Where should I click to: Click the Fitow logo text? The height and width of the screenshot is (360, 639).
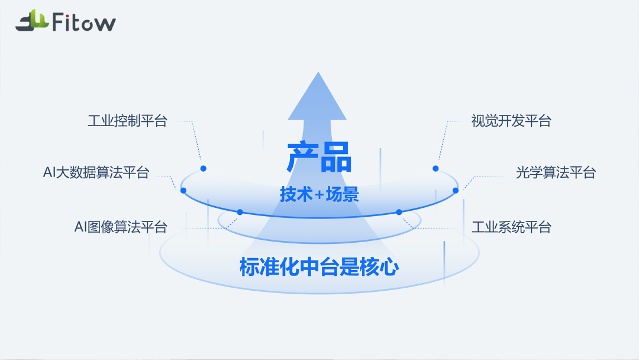pos(84,22)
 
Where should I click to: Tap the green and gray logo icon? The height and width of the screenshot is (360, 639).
pos(32,21)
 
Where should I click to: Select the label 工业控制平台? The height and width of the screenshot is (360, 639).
pos(128,121)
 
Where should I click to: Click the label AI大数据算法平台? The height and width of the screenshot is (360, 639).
pos(96,172)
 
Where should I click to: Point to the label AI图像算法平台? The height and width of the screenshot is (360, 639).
pos(121,227)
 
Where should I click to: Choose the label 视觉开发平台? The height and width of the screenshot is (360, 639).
pos(511,121)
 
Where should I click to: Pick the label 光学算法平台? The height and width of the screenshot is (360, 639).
pos(556,172)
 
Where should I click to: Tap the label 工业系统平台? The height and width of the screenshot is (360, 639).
pos(511,227)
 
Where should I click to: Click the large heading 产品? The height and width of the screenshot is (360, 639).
pos(319,157)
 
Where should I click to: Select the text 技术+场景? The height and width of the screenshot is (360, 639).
pos(319,194)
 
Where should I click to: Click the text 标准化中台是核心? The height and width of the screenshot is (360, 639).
pos(319,267)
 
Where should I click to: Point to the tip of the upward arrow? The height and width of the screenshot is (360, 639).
pos(318,72)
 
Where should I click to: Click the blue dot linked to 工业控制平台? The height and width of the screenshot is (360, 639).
pos(204,168)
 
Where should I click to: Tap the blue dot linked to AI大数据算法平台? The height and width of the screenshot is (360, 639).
pos(183,191)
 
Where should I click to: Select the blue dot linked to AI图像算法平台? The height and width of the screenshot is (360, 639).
pos(240,212)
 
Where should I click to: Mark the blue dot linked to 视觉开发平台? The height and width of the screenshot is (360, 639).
pos(435,168)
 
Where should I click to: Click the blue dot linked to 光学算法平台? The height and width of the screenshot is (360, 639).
pos(456,191)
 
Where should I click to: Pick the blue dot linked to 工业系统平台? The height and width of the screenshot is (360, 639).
pos(399,212)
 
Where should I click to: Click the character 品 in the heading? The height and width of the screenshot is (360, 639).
pos(336,157)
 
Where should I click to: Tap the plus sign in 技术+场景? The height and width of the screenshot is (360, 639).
pos(319,195)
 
